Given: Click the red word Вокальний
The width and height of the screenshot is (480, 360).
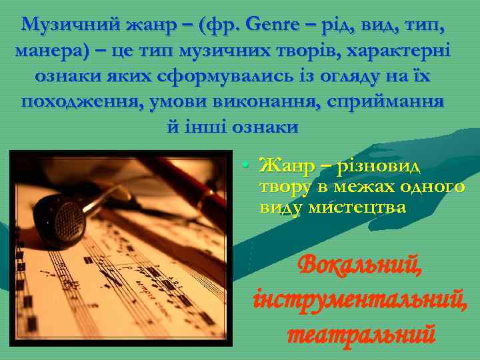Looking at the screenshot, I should [360, 267].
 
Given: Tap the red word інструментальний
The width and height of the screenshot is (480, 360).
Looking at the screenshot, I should [360, 299].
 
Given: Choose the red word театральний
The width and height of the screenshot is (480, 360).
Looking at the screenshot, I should [360, 331].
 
